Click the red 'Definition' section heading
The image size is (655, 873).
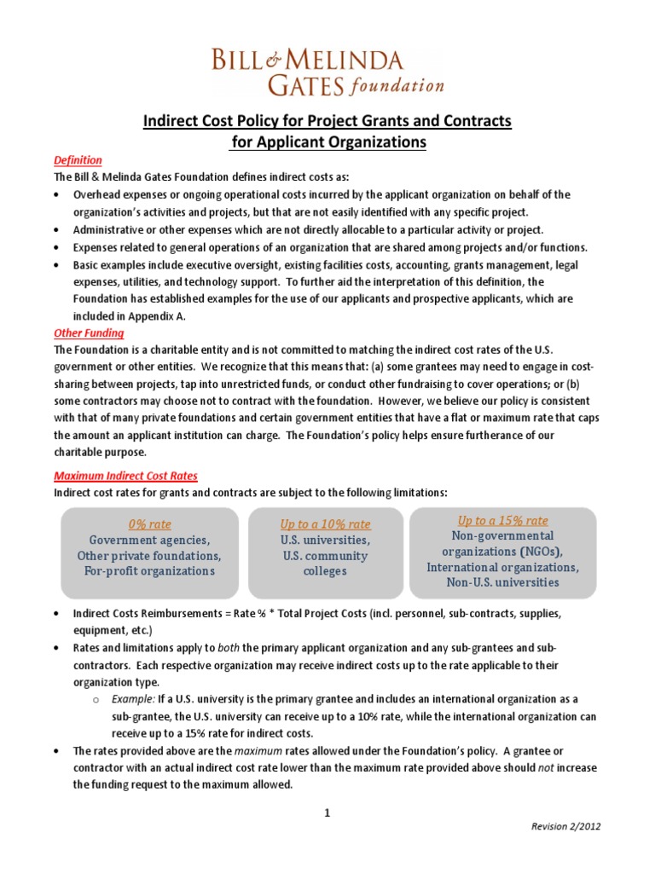click(x=78, y=160)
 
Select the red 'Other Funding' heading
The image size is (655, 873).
click(x=89, y=332)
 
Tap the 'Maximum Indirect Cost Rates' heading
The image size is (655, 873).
click(x=125, y=476)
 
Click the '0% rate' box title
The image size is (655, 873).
click(x=149, y=524)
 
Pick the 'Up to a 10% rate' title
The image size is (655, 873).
click(x=325, y=524)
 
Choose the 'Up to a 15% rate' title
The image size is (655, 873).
click(x=502, y=520)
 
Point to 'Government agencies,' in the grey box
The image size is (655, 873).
click(x=149, y=541)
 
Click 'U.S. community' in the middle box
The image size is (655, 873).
click(x=325, y=556)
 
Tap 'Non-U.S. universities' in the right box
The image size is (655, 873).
click(x=502, y=582)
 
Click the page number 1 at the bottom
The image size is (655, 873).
click(x=327, y=812)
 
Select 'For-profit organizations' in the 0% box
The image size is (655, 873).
click(x=149, y=571)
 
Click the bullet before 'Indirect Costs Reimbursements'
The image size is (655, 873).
click(x=56, y=614)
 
